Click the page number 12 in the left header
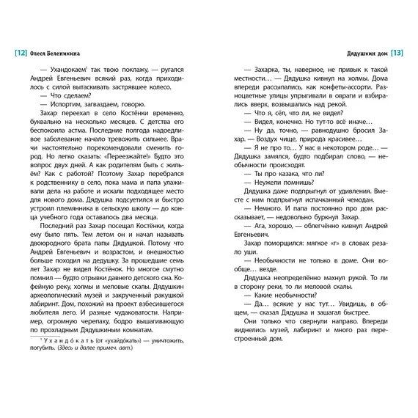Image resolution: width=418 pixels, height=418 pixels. (20, 54)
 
